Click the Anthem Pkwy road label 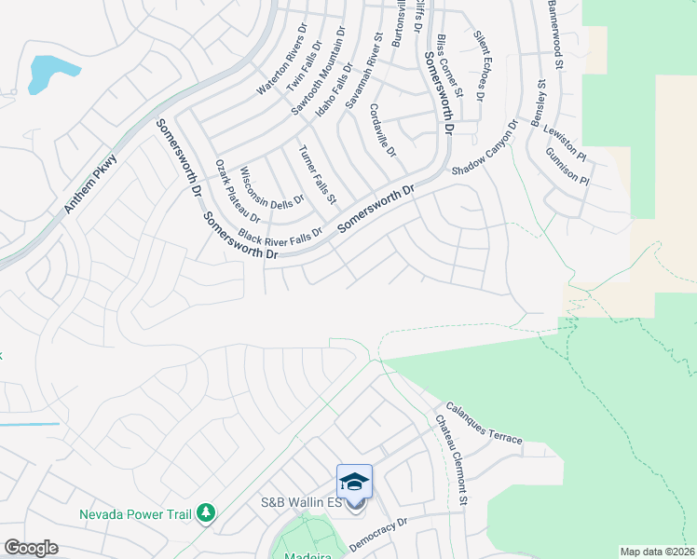click(90, 184)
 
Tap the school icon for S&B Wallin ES click(354, 482)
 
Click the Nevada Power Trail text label click(135, 513)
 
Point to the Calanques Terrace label click(484, 423)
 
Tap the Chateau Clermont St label click(450, 460)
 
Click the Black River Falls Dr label click(280, 234)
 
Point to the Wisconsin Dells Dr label click(272, 186)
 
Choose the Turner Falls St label click(316, 175)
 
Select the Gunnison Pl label click(567, 165)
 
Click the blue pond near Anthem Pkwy click(49, 74)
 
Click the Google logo click(31, 547)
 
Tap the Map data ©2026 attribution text click(657, 552)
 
